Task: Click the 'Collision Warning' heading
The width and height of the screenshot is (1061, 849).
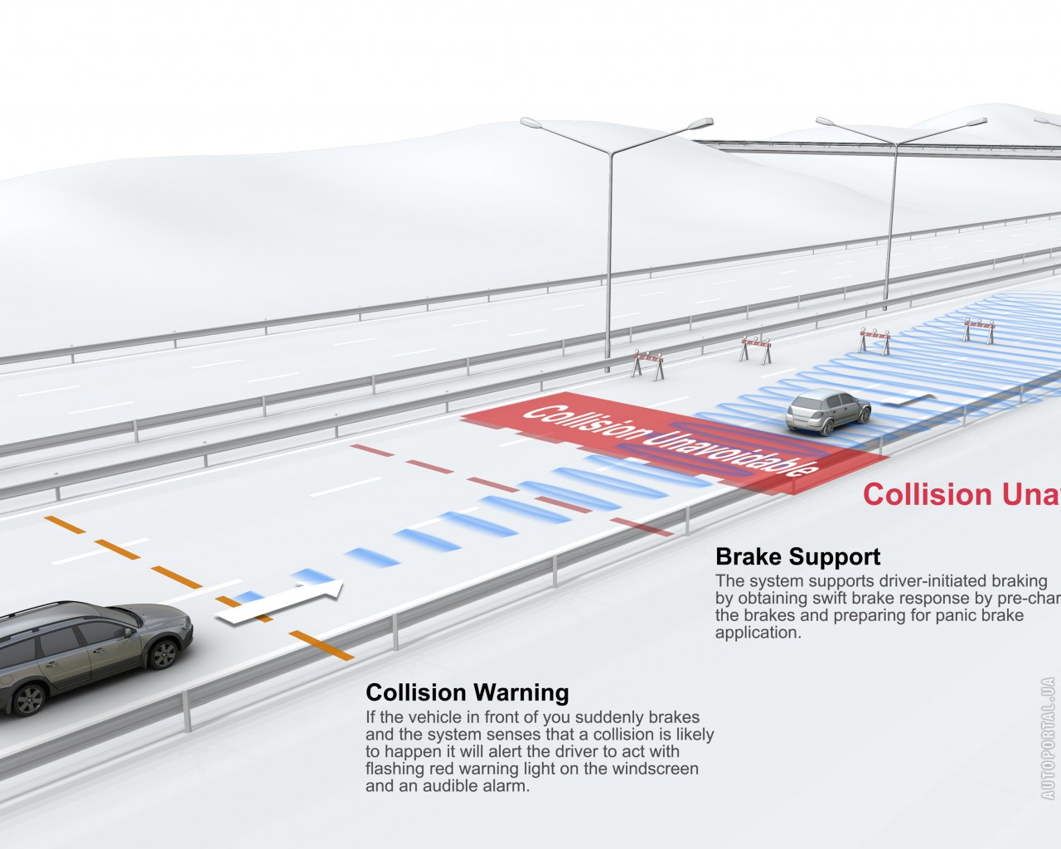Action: click(468, 692)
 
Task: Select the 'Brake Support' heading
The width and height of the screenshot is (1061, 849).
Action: click(797, 556)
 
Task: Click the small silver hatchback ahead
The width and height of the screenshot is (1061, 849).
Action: click(828, 412)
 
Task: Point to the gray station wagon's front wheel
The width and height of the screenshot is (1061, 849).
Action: click(162, 653)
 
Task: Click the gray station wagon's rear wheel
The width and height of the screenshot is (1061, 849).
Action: click(28, 698)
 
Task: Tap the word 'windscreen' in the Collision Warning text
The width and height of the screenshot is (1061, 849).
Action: click(655, 769)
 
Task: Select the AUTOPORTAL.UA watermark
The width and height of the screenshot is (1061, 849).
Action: click(1048, 738)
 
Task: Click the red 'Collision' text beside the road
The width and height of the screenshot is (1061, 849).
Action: click(921, 495)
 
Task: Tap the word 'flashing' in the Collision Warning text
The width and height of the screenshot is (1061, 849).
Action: click(395, 769)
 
